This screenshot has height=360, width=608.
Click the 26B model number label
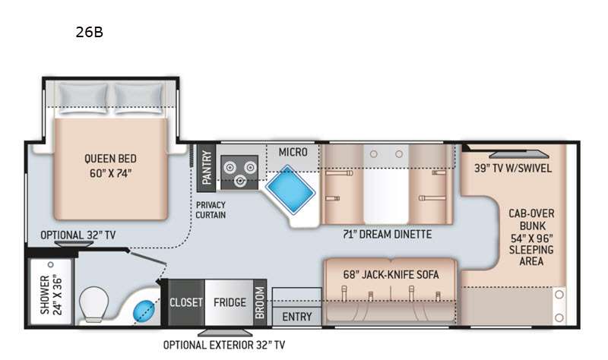[x=89, y=32]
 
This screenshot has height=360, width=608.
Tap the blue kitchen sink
[x=290, y=190]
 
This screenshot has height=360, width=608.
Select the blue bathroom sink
[x=144, y=311]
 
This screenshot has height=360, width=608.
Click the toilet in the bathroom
[x=93, y=305]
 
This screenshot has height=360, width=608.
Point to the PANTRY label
[x=206, y=167]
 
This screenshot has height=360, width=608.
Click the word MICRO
[x=293, y=153]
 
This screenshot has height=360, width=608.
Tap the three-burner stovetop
[x=239, y=172]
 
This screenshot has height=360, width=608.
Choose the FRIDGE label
[x=230, y=302]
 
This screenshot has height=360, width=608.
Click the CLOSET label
[x=186, y=302]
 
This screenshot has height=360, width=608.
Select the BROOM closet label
[x=260, y=302]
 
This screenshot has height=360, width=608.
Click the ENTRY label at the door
[x=297, y=317]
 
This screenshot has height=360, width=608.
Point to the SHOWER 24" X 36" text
[x=51, y=295]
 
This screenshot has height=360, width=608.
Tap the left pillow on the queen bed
[x=83, y=99]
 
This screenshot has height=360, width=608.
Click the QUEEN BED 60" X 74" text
[x=110, y=166]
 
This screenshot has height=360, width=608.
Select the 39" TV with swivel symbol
[x=519, y=154]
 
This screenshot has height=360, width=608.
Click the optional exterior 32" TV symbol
[x=225, y=333]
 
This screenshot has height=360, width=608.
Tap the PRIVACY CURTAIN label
[x=211, y=210]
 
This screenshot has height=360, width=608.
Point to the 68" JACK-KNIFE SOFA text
[x=391, y=275]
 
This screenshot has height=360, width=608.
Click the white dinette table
[x=386, y=185]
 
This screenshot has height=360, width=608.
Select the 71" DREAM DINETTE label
[x=387, y=234]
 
